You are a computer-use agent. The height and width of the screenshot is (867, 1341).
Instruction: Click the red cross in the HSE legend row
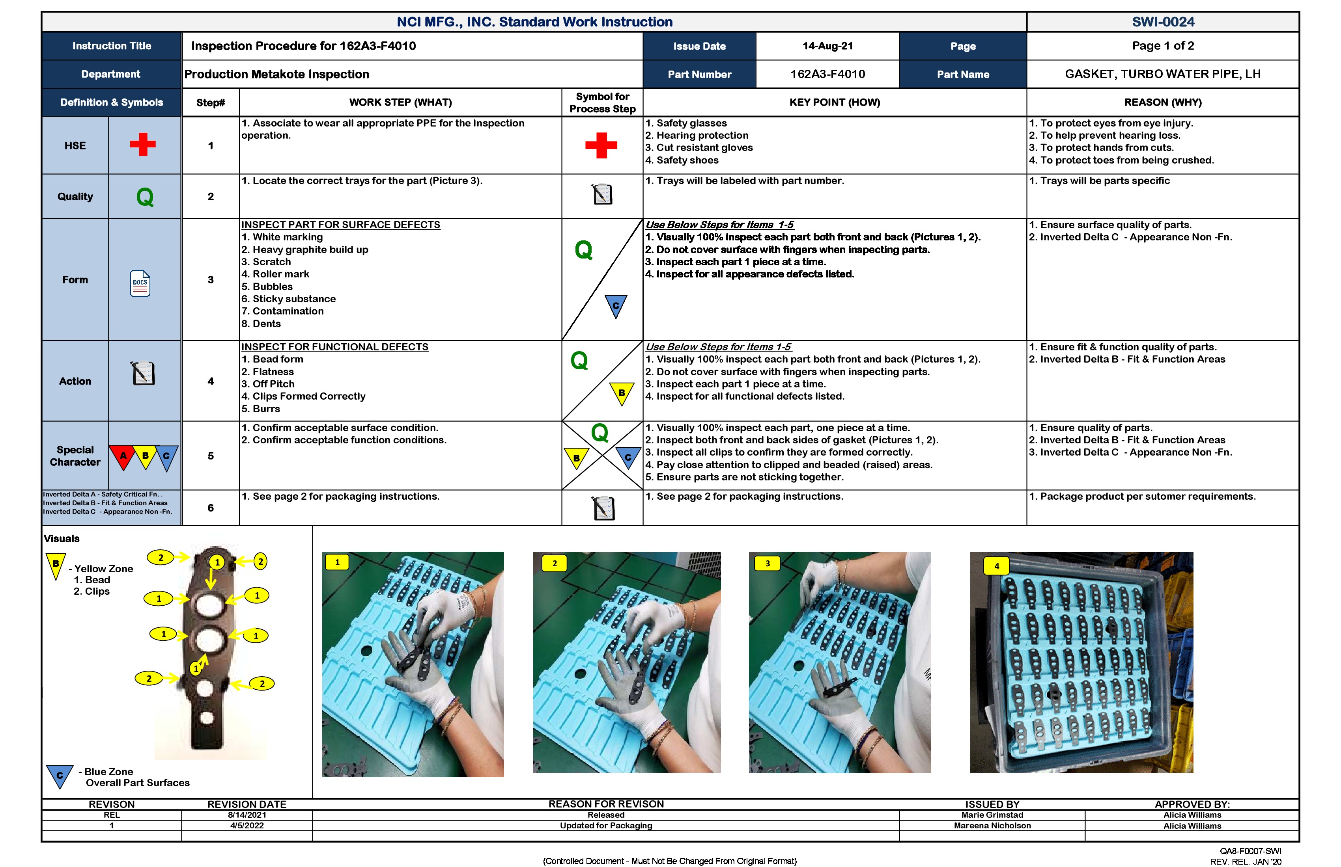[143, 145]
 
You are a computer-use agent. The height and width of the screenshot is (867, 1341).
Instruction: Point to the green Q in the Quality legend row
[145, 197]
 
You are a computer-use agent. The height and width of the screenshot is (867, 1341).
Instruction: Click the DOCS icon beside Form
[140, 283]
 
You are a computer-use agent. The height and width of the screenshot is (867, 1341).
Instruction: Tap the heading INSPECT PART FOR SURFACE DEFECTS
[340, 225]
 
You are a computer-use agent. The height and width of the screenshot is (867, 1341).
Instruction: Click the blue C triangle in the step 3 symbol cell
[615, 306]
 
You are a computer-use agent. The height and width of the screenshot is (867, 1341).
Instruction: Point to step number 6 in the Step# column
[211, 508]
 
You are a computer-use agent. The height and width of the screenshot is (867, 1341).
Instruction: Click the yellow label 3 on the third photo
[767, 564]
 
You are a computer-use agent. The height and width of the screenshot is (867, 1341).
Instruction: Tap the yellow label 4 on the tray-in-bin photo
[996, 566]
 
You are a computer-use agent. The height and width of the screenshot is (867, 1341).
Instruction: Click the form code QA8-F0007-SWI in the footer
[1250, 851]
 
